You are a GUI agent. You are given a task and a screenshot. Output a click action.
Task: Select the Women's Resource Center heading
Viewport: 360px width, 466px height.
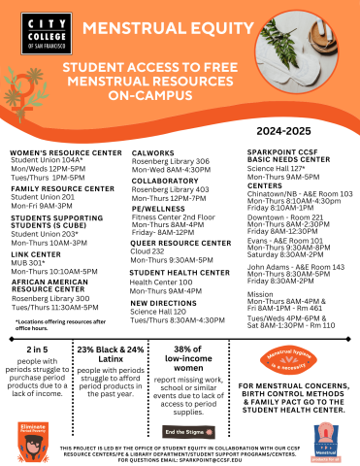pyautogui.click(x=66, y=152)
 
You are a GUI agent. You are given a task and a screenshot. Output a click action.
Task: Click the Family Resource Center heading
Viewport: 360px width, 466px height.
pyautogui.click(x=60, y=188)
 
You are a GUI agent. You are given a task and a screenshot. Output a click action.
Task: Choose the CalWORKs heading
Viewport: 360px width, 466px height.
pyautogui.click(x=153, y=152)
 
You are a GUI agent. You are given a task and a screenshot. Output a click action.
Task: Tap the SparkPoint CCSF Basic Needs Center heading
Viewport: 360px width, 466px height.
pyautogui.click(x=288, y=157)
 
